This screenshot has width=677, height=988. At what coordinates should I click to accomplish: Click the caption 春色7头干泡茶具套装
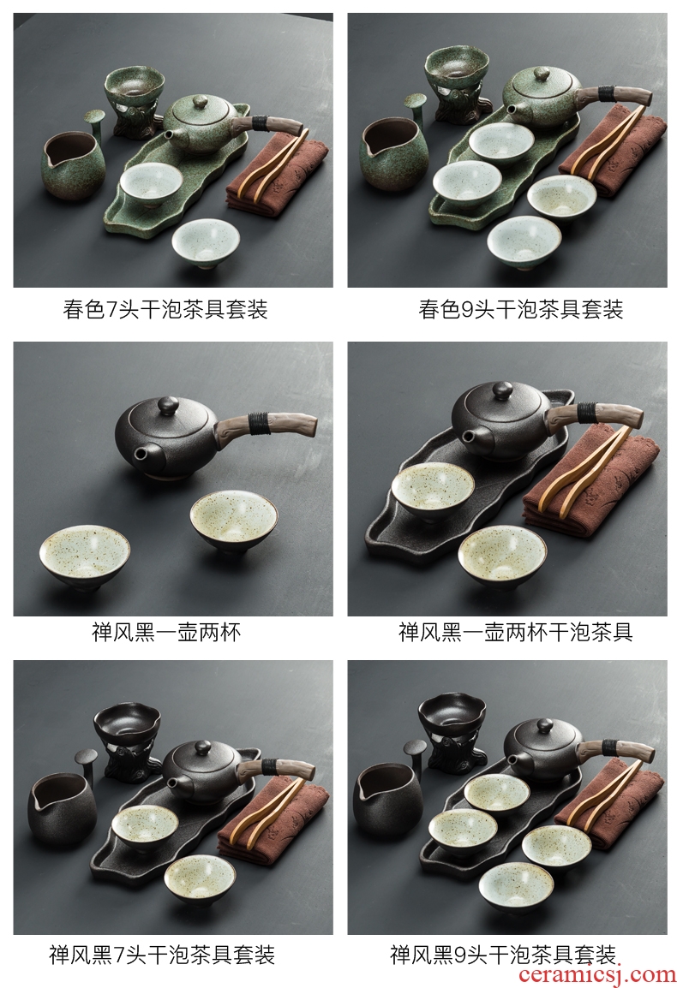coord(165,309)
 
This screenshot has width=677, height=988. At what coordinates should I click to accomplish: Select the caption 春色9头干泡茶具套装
coord(520,309)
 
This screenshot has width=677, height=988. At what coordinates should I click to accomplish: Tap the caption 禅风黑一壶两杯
coord(166,632)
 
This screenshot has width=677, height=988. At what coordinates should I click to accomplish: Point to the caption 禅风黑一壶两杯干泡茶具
coord(516,632)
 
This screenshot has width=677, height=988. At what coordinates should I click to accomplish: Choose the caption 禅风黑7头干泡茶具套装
coord(161,955)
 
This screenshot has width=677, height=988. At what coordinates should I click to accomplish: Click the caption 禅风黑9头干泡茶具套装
coord(503,955)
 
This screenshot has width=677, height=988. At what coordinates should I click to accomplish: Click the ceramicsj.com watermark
coord(596,974)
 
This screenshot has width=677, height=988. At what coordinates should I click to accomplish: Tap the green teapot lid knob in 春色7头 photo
coord(200,101)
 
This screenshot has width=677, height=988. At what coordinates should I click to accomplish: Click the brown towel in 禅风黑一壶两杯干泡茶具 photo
coord(590,485)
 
